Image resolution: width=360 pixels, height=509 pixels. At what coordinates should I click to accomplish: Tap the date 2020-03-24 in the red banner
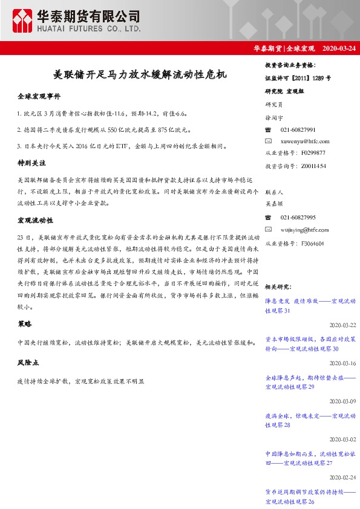point(339,48)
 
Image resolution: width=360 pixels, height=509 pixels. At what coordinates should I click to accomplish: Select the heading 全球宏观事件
point(39,96)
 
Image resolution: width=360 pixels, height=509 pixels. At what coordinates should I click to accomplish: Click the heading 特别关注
point(33,163)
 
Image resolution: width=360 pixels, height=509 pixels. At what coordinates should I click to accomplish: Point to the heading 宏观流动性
point(36,221)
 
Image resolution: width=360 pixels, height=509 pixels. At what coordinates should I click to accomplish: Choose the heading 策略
point(25,324)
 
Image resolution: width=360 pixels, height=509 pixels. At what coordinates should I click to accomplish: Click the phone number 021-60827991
point(298,130)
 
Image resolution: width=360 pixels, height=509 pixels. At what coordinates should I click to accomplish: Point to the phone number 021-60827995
point(298,218)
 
